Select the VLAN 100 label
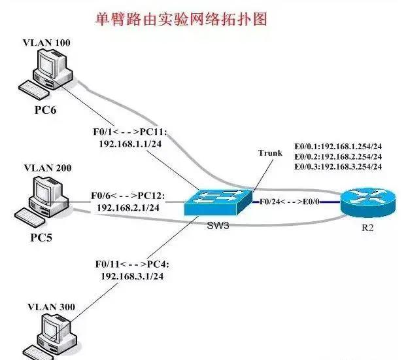click(x=47, y=43)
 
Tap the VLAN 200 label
click(x=47, y=168)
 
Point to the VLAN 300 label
click(x=47, y=306)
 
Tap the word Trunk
click(x=270, y=153)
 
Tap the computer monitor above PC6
click(x=50, y=66)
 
